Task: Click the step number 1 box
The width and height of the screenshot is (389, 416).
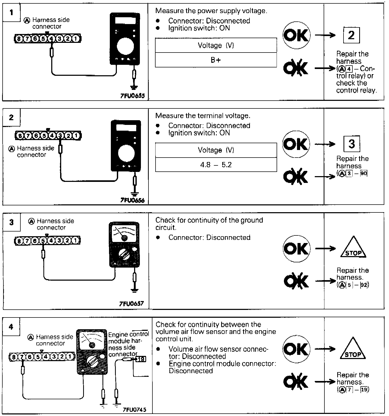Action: tap(11, 12)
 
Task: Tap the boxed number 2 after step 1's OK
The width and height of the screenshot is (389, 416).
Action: tap(351, 35)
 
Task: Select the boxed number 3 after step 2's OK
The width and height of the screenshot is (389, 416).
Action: tap(351, 144)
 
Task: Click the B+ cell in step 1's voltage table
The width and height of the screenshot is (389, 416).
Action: tap(216, 60)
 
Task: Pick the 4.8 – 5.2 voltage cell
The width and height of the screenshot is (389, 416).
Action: tap(216, 165)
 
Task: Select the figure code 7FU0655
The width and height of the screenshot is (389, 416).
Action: tap(132, 96)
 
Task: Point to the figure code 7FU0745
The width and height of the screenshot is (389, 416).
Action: tap(134, 409)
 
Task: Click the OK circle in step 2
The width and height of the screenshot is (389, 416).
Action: tap(296, 144)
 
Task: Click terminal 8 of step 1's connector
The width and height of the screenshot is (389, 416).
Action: tap(19, 39)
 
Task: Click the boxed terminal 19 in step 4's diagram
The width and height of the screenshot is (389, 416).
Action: tap(141, 359)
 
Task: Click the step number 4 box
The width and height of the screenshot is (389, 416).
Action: tap(11, 327)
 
